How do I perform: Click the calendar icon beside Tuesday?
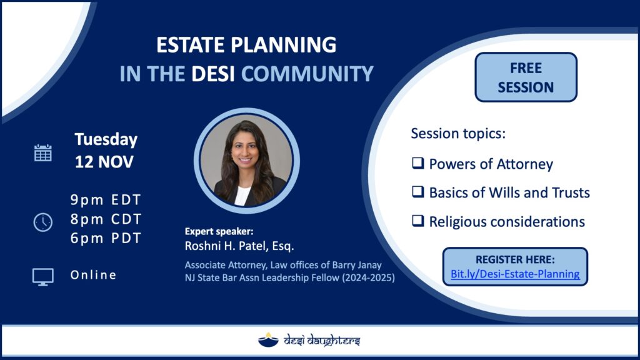point(43,153)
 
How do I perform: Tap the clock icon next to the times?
point(43,222)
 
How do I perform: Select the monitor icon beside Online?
point(43,277)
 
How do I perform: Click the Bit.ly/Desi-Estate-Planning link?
point(515,274)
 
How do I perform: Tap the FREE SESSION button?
point(526,77)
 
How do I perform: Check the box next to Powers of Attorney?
point(417,163)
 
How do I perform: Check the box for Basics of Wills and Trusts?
point(417,191)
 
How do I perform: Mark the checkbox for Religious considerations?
point(417,221)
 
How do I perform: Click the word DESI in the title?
point(213,74)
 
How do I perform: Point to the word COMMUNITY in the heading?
point(307,74)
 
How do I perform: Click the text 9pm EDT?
point(106,200)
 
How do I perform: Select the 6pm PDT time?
point(106,238)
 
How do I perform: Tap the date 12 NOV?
point(104,162)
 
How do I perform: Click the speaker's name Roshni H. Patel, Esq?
point(239,246)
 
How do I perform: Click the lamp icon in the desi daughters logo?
point(268,339)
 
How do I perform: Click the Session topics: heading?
point(458,134)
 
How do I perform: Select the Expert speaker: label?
point(219,231)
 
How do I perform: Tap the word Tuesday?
point(106,139)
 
